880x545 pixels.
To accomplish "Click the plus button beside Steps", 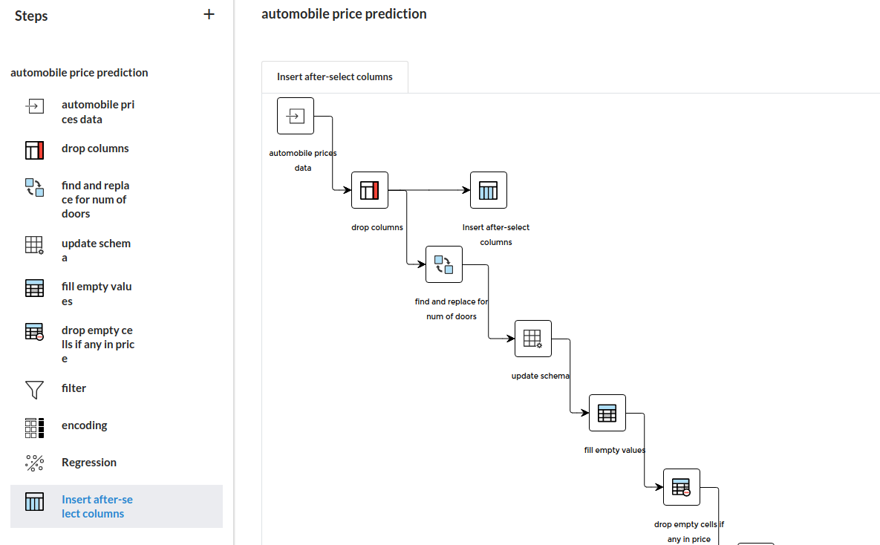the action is click(x=209, y=15).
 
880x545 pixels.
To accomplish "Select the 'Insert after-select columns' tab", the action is click(x=334, y=77).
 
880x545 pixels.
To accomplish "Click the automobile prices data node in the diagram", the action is click(x=296, y=116).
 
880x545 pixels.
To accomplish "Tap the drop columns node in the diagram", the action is click(x=369, y=190).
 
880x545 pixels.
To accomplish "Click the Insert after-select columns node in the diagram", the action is click(x=488, y=190).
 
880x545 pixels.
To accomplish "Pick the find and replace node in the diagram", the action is click(x=444, y=264).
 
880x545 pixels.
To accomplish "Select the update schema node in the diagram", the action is click(x=532, y=339).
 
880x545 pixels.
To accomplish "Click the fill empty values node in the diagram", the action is click(x=607, y=413).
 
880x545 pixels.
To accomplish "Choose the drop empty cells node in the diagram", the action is click(x=681, y=487).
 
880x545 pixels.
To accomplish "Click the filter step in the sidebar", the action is click(x=74, y=388).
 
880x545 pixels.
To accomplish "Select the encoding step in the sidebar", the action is click(x=84, y=425).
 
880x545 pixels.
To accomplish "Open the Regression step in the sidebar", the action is click(x=89, y=463).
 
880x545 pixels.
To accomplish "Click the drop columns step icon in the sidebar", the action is click(x=34, y=150).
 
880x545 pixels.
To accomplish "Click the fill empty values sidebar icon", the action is click(x=34, y=288).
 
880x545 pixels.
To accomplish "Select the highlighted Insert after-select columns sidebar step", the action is click(x=116, y=506).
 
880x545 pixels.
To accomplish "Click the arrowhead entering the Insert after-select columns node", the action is click(x=466, y=190).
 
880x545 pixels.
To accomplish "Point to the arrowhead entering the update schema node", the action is click(x=511, y=339).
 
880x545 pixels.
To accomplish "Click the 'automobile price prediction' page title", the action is click(x=344, y=14).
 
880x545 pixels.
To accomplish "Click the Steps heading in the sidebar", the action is click(x=31, y=16).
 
